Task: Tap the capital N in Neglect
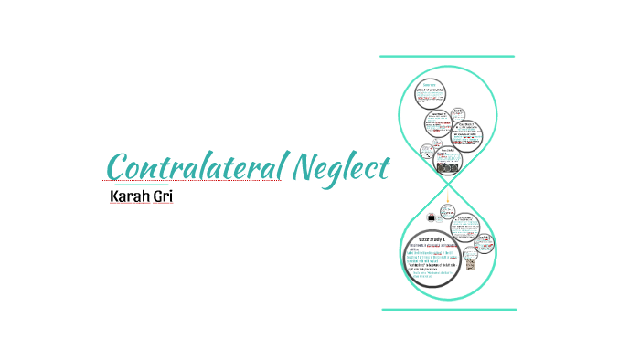tap(304, 167)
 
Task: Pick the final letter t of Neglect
tap(385, 167)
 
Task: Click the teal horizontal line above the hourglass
tap(447, 57)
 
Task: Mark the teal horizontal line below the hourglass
tap(447, 309)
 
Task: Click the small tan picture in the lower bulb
tap(470, 264)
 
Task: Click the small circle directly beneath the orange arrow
tap(447, 213)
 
